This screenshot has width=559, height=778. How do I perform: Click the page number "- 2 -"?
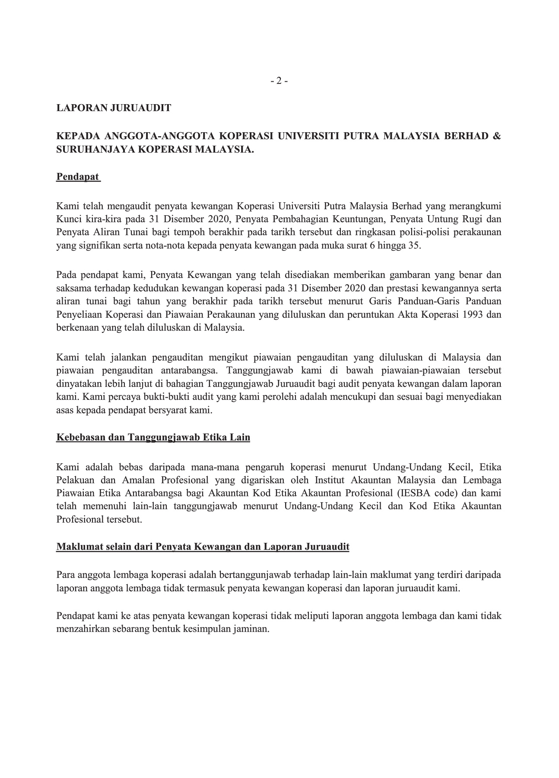279,80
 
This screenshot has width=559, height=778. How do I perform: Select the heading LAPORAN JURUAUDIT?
114,108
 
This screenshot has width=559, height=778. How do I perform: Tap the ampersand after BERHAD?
497,136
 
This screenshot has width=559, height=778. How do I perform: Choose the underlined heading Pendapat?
78,177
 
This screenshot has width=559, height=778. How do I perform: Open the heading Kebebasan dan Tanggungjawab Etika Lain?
153,437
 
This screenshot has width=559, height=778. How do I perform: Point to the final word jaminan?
253,629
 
